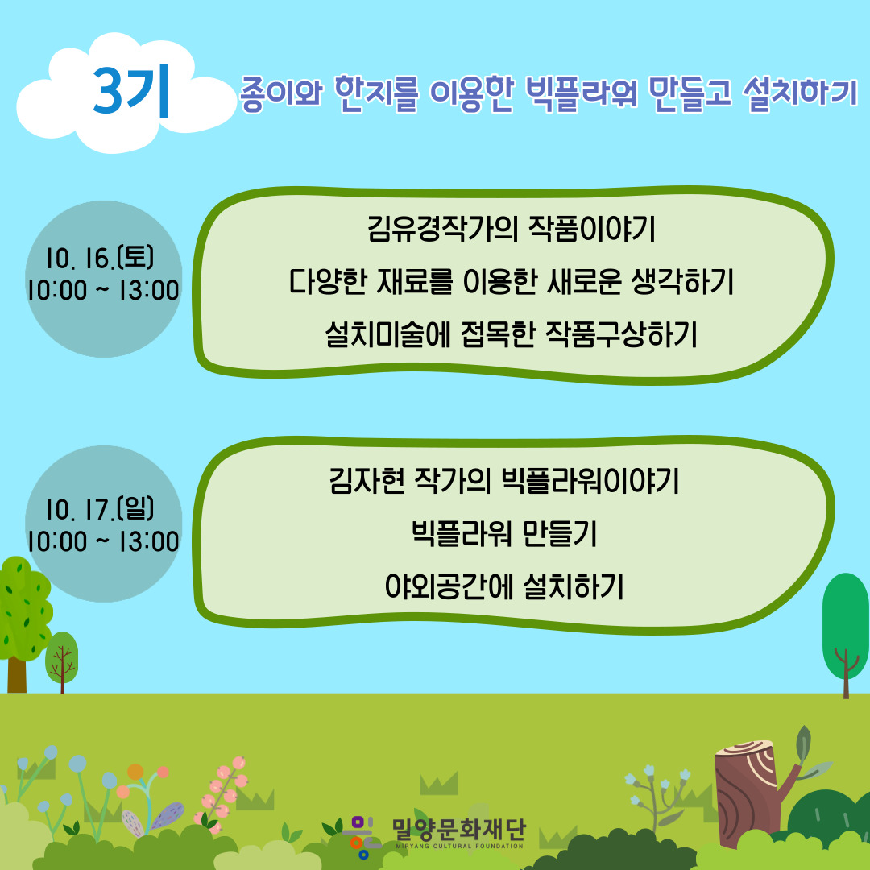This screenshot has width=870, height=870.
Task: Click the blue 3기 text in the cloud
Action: click(x=131, y=92)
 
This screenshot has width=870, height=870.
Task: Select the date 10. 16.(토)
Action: click(x=100, y=258)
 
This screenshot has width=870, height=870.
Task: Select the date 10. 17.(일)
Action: click(x=100, y=509)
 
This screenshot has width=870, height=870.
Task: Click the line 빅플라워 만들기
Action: click(x=503, y=533)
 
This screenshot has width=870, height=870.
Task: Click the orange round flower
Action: click(x=135, y=772)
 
